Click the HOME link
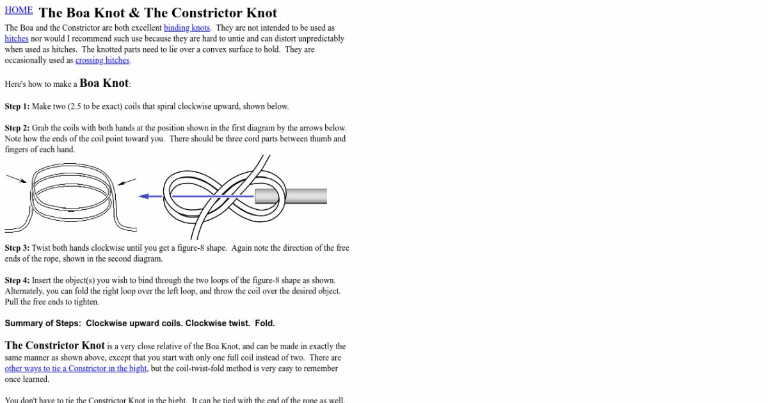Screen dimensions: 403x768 (19, 10)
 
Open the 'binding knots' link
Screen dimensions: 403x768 (187, 28)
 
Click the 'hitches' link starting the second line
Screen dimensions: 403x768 (17, 39)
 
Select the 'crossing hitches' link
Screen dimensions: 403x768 (102, 61)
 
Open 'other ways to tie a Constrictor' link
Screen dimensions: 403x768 (76, 368)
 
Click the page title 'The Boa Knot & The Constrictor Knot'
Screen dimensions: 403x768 (157, 13)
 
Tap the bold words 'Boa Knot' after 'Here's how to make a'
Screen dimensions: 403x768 (104, 83)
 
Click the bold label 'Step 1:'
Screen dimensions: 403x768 (17, 107)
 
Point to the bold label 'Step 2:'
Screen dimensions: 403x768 (17, 129)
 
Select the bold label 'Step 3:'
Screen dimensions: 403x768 (17, 248)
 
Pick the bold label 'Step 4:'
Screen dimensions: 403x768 (17, 281)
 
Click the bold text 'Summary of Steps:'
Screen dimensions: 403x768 (43, 324)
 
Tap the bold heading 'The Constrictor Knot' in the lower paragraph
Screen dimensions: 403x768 (55, 346)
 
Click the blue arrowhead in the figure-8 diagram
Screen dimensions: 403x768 (143, 196)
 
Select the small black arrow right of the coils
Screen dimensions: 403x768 (126, 182)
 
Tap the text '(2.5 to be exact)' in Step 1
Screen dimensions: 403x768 (97, 107)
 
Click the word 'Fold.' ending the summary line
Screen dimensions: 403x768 (265, 324)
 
